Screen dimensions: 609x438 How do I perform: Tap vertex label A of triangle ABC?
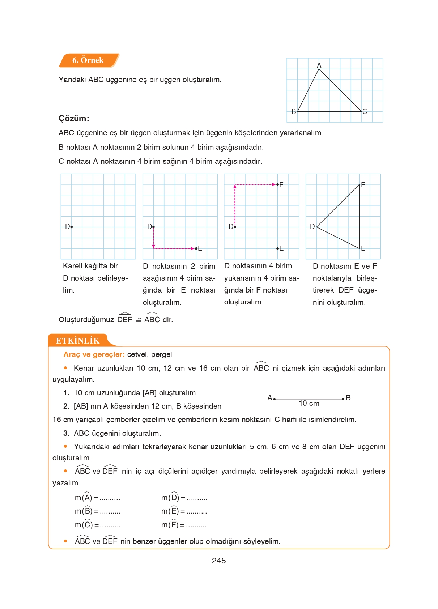(x=319, y=65)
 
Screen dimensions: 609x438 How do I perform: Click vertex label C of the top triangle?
(x=365, y=112)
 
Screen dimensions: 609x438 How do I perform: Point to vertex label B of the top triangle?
(x=294, y=112)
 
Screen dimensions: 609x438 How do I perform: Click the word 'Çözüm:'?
(x=74, y=119)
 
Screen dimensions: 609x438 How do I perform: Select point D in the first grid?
(x=71, y=227)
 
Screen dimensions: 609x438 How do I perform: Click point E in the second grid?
(x=196, y=248)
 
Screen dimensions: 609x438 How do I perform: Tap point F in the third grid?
(x=278, y=184)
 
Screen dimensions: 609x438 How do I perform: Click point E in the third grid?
(x=278, y=248)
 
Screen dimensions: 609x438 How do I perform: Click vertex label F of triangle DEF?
(x=363, y=185)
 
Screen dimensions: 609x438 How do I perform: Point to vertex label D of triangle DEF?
(x=312, y=227)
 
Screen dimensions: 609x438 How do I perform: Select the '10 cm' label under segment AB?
(x=309, y=404)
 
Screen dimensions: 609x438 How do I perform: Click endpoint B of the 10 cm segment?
(x=343, y=399)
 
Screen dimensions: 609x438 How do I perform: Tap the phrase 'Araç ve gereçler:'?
(x=94, y=355)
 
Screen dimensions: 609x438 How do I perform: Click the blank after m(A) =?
(x=110, y=499)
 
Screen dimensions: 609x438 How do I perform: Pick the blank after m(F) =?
(x=196, y=525)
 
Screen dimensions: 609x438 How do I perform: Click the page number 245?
(x=218, y=561)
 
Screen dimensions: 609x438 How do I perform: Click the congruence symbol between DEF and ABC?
(x=138, y=320)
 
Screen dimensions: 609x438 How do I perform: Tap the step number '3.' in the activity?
(x=66, y=433)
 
